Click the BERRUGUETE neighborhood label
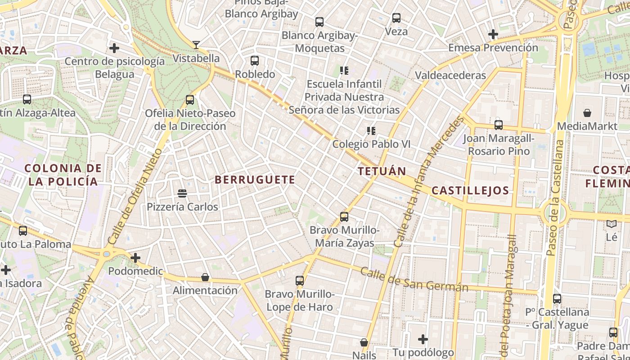(255, 180)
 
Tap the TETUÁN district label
(382, 171)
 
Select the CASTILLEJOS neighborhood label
(470, 190)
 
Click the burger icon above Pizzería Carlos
(182, 193)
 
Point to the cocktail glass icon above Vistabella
(196, 45)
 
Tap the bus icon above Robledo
(255, 60)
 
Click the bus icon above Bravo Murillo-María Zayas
(344, 217)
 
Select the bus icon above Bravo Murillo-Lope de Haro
(300, 281)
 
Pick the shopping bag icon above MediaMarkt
(587, 112)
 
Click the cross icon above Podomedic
(135, 258)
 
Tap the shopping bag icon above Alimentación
(205, 277)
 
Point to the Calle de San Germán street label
(414, 280)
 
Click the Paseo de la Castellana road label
(555, 198)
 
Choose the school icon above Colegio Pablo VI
(371, 131)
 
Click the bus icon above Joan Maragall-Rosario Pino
(499, 125)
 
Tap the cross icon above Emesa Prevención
(493, 34)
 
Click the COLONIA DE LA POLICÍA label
(63, 175)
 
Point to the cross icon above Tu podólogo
(423, 339)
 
